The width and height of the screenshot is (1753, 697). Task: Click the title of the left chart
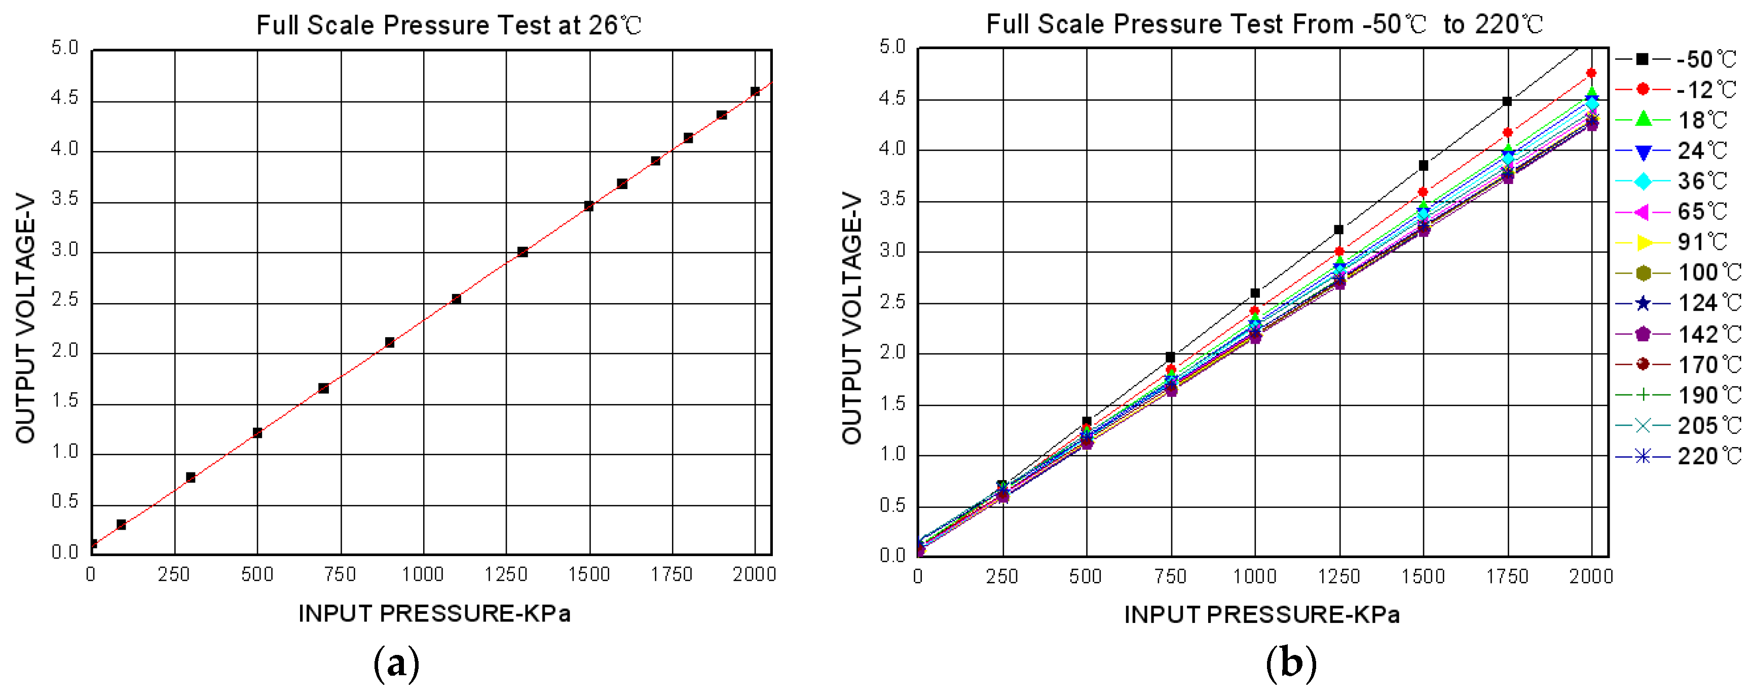point(449,25)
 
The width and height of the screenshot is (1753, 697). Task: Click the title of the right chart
point(1264,24)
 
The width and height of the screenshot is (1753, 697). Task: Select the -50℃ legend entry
point(1677,59)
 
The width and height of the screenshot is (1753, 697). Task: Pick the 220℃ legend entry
point(1677,456)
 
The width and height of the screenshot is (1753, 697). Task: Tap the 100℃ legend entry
point(1677,273)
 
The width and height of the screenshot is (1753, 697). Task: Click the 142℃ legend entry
point(1677,334)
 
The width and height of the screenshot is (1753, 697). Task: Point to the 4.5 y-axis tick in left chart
point(65,98)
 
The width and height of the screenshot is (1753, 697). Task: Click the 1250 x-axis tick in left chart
point(506,574)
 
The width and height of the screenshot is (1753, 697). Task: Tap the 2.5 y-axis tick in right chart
point(892,302)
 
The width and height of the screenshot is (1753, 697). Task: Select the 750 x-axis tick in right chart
point(1171,576)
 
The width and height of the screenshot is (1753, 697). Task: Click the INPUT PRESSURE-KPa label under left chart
point(434,613)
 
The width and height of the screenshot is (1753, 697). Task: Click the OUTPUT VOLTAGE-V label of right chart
point(851,318)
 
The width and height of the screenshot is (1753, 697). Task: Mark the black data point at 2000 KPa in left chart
point(755,91)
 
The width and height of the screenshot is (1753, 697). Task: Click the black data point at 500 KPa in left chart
point(257,433)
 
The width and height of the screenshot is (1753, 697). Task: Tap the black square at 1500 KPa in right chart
point(1423,165)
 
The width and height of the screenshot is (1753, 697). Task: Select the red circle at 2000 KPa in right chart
point(1591,73)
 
